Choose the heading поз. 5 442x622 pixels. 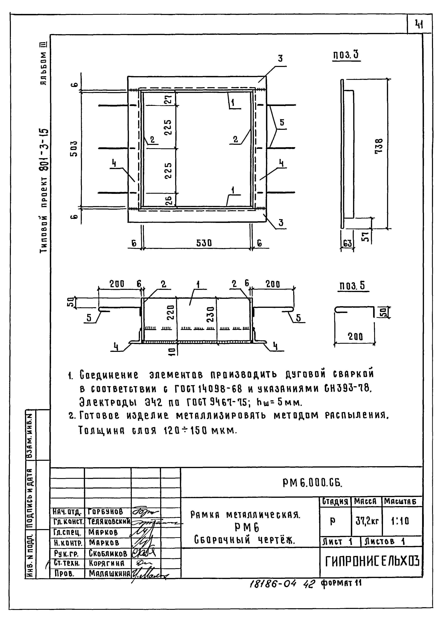tap(353, 286)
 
